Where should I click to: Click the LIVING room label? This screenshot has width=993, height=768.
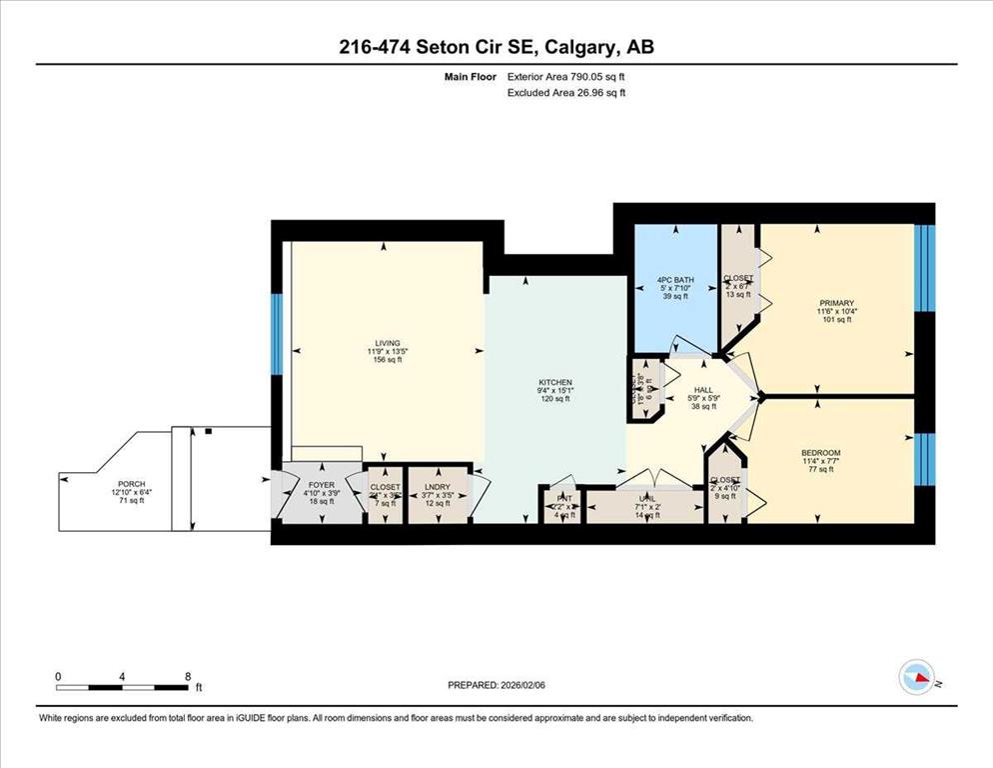click(383, 342)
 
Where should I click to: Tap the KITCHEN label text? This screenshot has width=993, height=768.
click(554, 382)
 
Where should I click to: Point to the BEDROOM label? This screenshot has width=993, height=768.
click(820, 453)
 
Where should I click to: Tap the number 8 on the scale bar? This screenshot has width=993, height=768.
click(187, 677)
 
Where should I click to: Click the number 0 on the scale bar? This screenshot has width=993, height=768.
click(58, 677)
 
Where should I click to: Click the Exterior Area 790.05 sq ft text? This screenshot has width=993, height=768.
click(566, 76)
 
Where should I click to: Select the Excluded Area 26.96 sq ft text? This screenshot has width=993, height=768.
click(566, 93)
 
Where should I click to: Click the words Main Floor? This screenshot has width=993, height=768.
click(472, 76)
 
